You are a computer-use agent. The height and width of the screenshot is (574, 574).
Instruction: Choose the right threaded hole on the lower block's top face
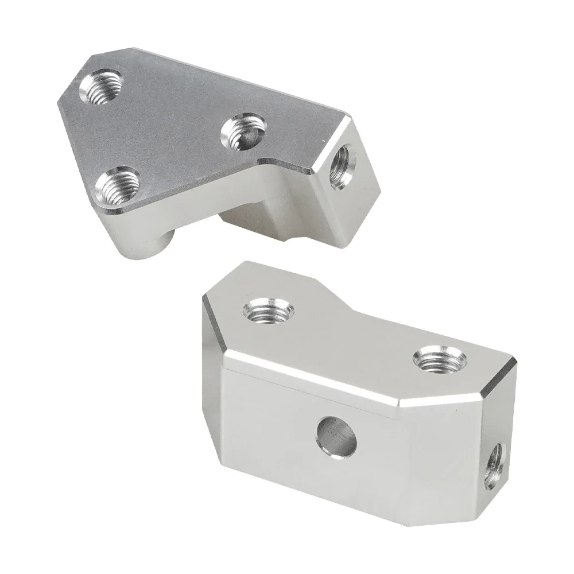[436, 360]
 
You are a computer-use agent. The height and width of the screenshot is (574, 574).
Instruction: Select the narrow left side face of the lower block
[211, 413]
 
